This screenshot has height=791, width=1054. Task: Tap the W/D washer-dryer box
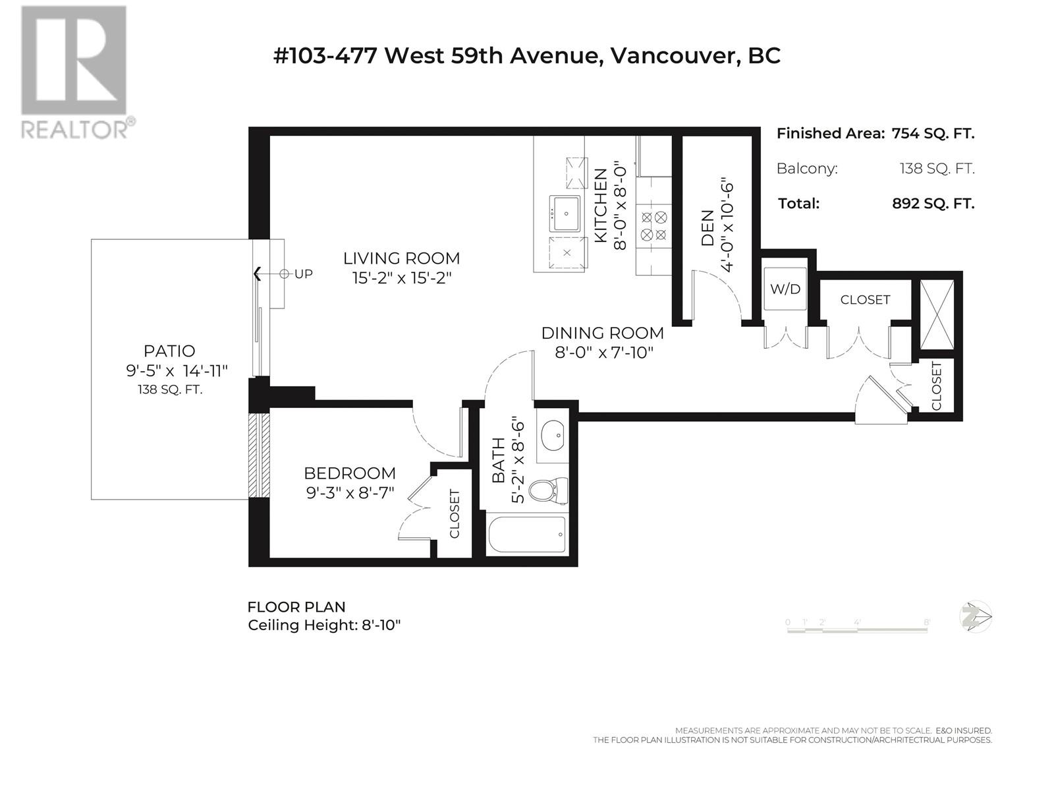pyautogui.click(x=785, y=289)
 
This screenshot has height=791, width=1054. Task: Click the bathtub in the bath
pyautogui.click(x=527, y=534)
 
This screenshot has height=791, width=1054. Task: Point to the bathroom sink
pyautogui.click(x=553, y=436)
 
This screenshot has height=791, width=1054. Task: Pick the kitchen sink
pyautogui.click(x=565, y=213)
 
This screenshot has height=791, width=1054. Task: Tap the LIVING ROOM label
pyautogui.click(x=401, y=258)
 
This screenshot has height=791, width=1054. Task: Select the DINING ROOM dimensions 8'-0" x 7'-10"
pyautogui.click(x=604, y=353)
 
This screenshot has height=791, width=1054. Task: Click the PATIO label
pyautogui.click(x=169, y=351)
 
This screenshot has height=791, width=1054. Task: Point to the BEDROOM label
pyautogui.click(x=350, y=473)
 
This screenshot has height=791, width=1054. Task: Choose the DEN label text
pyautogui.click(x=707, y=227)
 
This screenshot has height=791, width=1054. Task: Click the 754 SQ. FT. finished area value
pyautogui.click(x=933, y=134)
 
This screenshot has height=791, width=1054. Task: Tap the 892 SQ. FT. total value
pyautogui.click(x=933, y=204)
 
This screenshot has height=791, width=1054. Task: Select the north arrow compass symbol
pyautogui.click(x=975, y=617)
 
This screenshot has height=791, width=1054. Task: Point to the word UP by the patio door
pyautogui.click(x=304, y=274)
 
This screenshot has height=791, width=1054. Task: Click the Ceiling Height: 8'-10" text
pyautogui.click(x=324, y=626)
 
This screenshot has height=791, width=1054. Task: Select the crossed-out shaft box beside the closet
pyautogui.click(x=937, y=314)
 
